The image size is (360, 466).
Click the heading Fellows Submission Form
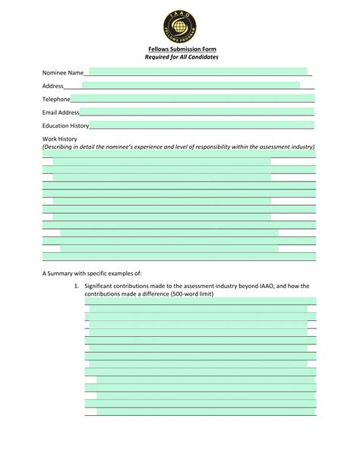(x=179, y=50)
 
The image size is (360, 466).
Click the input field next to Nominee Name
(x=197, y=71)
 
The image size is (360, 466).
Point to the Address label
(x=52, y=86)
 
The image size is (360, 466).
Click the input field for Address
(x=190, y=85)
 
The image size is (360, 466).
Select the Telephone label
(x=56, y=99)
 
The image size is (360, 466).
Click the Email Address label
(x=61, y=113)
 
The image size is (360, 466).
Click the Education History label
(x=65, y=125)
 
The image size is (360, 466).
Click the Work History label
(x=59, y=139)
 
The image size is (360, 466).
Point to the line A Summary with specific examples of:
(x=92, y=272)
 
